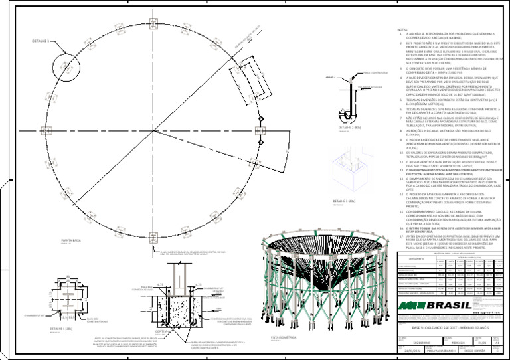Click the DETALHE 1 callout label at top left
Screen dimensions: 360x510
click(41, 40)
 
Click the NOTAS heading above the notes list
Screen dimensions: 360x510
click(402, 30)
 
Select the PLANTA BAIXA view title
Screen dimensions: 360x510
click(71, 241)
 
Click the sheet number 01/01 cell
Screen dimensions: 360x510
click(483, 343)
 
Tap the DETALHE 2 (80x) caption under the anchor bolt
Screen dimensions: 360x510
click(349, 126)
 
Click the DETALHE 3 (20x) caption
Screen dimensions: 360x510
click(344, 200)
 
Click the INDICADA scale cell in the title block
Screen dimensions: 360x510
click(459, 343)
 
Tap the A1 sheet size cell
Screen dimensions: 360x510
click(498, 343)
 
